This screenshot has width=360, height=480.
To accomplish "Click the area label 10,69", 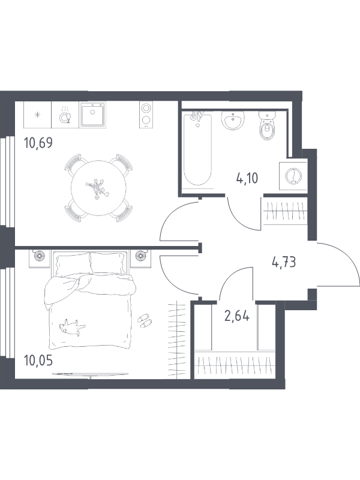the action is tap(38, 143).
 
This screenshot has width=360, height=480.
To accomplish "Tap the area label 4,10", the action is tap(247, 178).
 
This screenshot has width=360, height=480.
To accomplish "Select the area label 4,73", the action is tap(284, 262).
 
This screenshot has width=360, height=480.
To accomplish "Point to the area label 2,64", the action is tap(236, 316).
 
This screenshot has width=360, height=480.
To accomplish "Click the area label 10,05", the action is tap(38, 361).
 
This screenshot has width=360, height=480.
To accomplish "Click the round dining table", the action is tap(98, 188).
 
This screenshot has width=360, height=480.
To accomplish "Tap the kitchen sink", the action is tap(92, 115).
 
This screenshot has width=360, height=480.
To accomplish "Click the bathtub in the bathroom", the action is tap(198, 149).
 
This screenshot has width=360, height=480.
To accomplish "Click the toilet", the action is tap(268, 125).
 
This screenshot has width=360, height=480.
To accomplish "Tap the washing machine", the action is tap(293, 176).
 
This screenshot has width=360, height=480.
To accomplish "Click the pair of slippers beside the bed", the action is tap(145, 320).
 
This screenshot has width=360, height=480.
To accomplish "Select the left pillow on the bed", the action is tap(73, 263).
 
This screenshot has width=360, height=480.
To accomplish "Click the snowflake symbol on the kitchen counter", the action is tap(37, 115).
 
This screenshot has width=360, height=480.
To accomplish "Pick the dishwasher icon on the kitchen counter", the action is tap(65, 115).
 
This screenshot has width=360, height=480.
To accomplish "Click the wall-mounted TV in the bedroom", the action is tap(91, 374).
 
